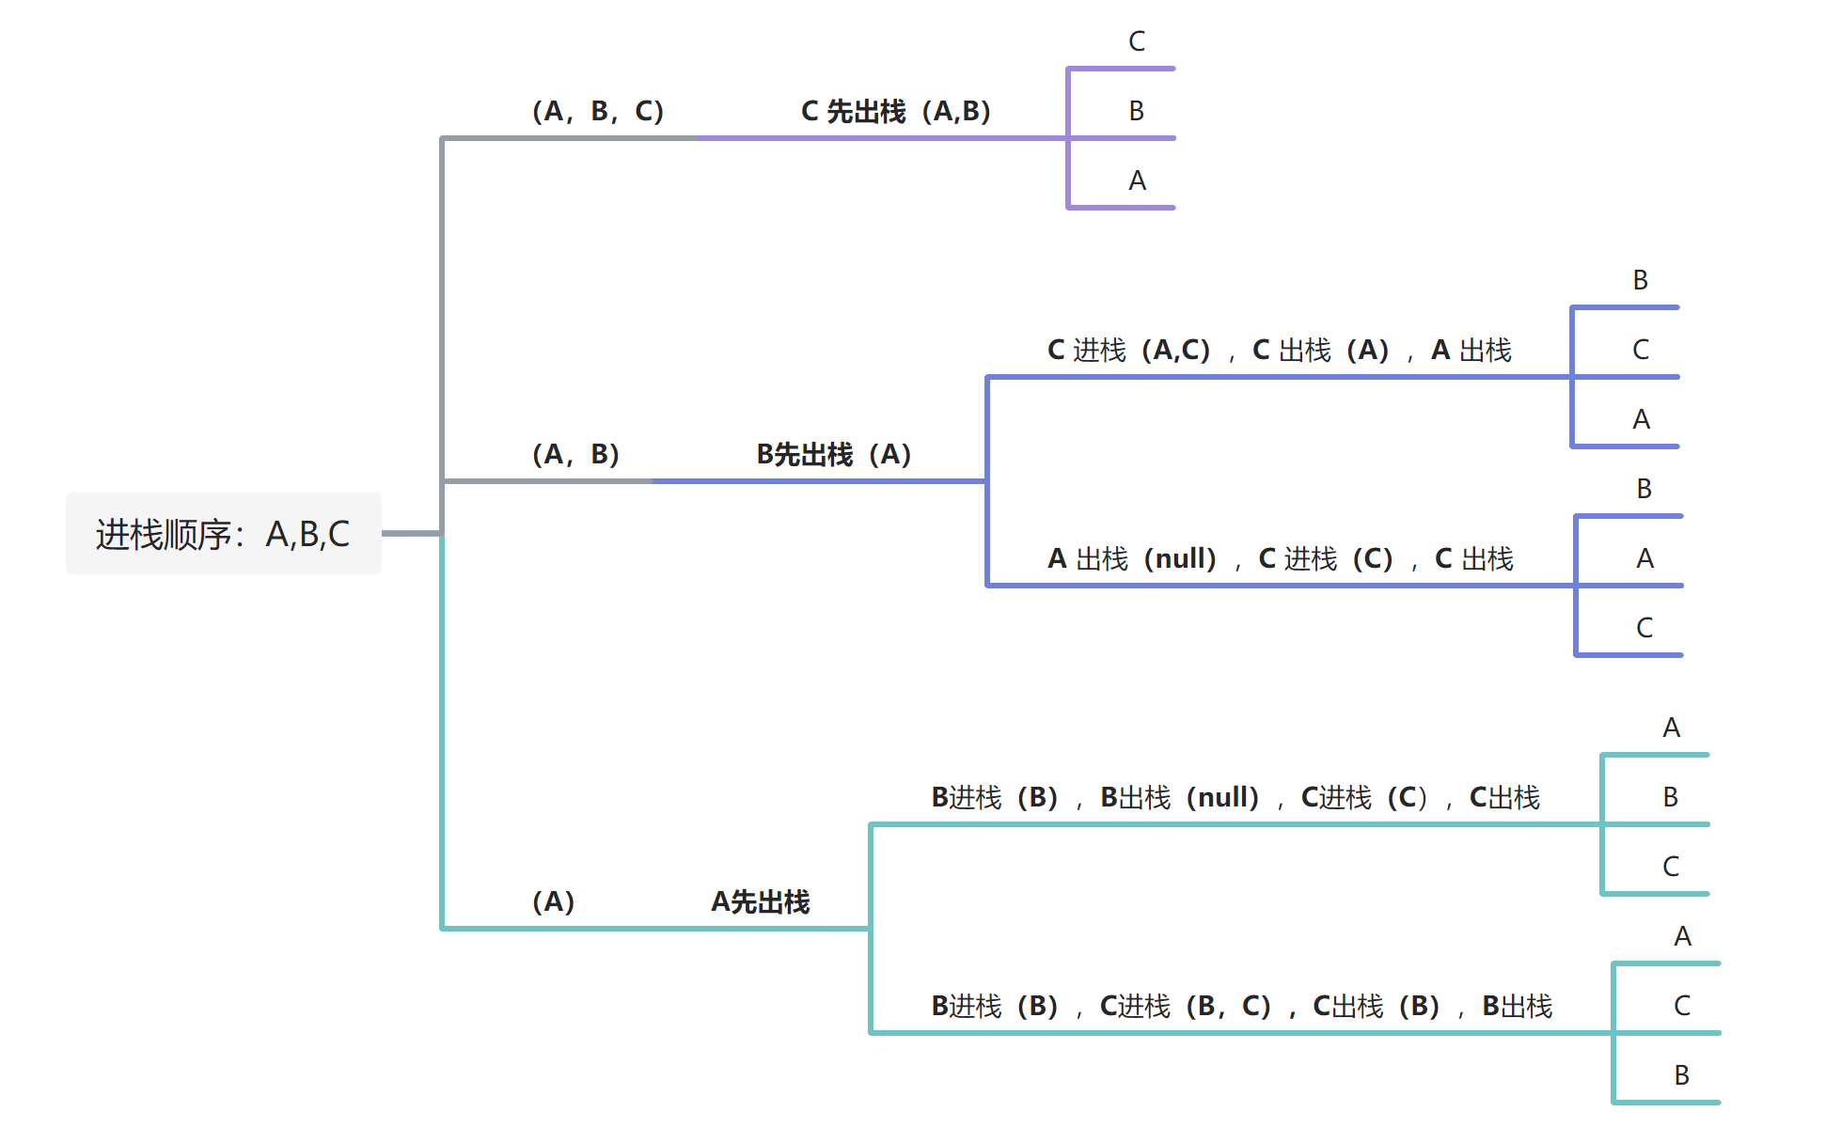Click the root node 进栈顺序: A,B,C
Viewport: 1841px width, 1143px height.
[223, 533]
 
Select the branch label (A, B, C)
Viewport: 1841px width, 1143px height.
[598, 111]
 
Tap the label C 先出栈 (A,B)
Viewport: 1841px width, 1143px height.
[895, 111]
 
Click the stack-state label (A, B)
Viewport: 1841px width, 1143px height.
[575, 454]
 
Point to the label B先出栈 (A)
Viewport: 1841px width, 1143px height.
[834, 454]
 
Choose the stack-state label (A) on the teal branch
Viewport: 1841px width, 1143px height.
[553, 901]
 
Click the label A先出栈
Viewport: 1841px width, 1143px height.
[760, 901]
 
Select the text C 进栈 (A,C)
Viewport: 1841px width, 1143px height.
[1128, 350]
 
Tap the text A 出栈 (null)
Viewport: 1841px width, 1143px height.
[1132, 558]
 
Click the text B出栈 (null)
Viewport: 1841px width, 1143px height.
[1179, 797]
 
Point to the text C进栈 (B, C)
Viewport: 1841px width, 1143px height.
[1185, 1006]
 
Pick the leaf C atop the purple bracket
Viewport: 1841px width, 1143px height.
[1137, 41]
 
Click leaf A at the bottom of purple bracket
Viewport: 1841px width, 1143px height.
[1137, 180]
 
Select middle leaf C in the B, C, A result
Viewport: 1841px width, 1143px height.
[1641, 350]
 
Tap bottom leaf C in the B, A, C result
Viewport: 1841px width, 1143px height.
[1644, 628]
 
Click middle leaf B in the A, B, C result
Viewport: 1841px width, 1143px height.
[1671, 797]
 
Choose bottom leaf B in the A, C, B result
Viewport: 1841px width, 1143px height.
[1682, 1075]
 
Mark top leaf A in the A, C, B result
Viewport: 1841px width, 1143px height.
[1682, 936]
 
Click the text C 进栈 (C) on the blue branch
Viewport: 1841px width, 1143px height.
[1326, 558]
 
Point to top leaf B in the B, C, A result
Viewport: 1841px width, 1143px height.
[1641, 280]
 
